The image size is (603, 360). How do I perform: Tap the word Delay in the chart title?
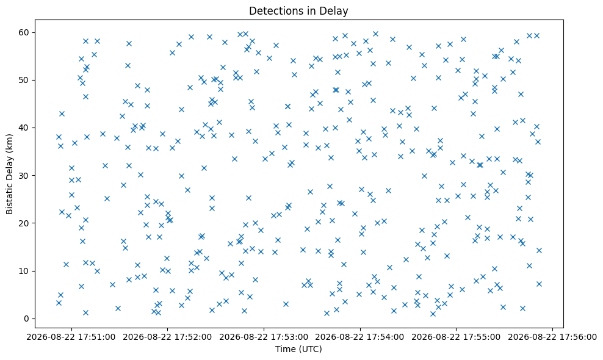point(336,11)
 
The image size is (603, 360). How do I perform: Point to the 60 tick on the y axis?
point(24,32)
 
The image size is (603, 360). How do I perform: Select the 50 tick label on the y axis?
point(24,80)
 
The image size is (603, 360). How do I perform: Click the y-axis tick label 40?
point(24,128)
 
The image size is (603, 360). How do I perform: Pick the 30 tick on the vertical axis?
point(24,175)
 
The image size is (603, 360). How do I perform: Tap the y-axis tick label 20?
point(24,223)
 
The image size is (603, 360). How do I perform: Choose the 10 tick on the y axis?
point(24,271)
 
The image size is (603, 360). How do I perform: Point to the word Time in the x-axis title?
point(284,349)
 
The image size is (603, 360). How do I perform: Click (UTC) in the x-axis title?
point(309,349)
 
